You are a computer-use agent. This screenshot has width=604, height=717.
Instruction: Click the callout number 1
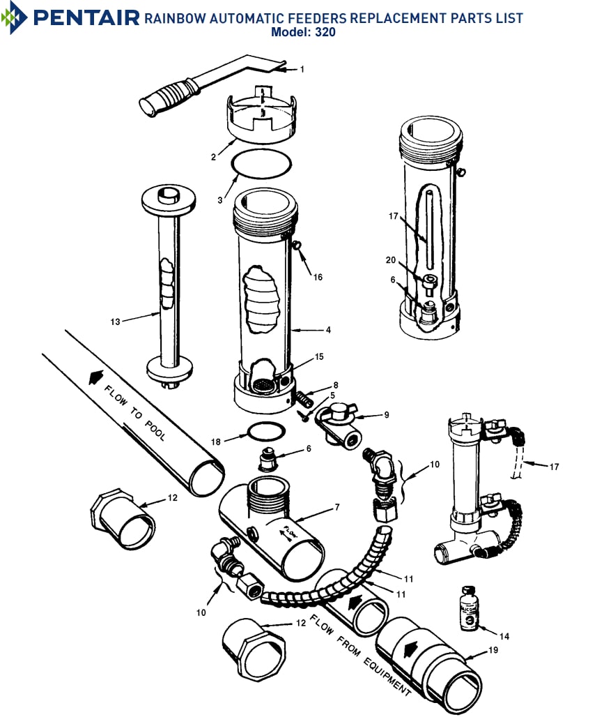[302, 69]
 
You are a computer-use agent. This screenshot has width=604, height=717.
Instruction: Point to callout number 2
[213, 157]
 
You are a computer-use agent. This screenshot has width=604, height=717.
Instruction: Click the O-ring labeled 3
[261, 164]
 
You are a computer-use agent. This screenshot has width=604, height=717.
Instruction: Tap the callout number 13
[116, 322]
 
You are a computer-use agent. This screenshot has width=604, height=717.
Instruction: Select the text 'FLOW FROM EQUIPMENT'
[360, 654]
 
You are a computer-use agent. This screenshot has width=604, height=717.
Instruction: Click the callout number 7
[336, 507]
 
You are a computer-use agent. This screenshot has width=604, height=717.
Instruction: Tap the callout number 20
[391, 260]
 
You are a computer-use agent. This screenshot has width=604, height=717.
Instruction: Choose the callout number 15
[319, 356]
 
